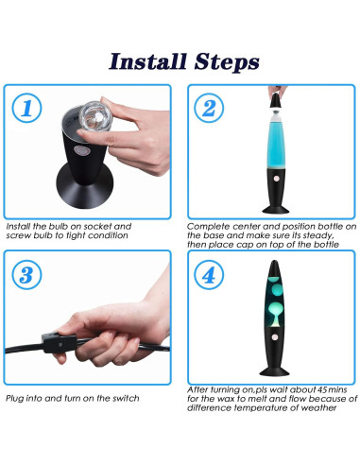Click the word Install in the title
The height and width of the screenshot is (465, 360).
point(147,61)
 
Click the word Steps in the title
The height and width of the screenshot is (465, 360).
point(227,62)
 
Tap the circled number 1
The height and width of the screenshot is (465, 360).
point(26,108)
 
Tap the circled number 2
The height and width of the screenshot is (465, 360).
point(209,108)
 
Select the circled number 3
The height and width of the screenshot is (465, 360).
point(26,275)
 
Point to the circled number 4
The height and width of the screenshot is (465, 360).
point(209,275)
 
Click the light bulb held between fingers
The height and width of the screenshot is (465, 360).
point(94,116)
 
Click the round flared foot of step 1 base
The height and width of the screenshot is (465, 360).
point(84,187)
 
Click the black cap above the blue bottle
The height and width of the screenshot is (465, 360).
point(276,100)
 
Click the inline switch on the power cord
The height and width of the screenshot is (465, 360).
point(60,343)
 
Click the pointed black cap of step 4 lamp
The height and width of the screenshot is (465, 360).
point(274,267)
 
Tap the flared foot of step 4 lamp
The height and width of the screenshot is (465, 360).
point(274,370)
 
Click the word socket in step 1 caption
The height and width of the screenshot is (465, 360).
point(97,226)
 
